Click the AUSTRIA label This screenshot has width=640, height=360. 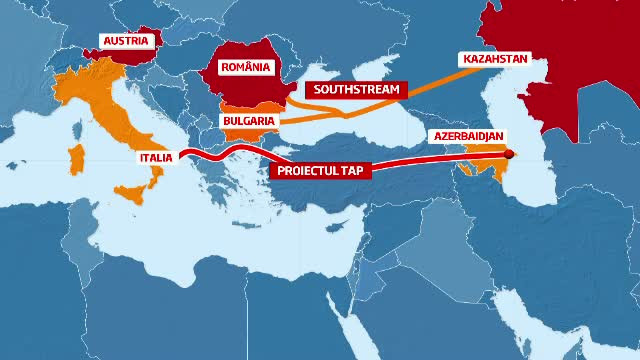point(127,41)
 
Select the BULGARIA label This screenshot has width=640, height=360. point(246,120)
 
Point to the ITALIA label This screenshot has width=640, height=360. point(156,157)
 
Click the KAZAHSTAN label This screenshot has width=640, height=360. point(493,59)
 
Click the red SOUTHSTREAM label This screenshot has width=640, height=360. point(357,89)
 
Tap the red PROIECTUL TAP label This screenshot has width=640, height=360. point(320,170)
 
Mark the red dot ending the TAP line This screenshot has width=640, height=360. point(507,154)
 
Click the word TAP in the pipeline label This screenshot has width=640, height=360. point(353,170)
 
